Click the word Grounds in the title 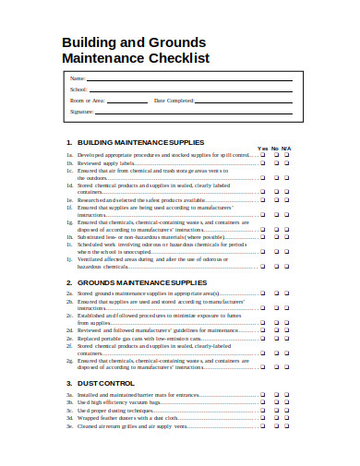coord(176,42)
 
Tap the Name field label coord(78,78)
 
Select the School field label coord(79,89)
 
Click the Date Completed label coord(174,100)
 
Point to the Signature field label coord(82,111)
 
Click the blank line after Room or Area coord(129,100)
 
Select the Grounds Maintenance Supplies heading coord(142,282)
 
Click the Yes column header coord(261,149)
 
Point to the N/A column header coord(287,149)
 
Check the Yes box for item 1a coord(261,156)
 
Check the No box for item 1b coord(274,163)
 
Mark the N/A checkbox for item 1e coord(287,199)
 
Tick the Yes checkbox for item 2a coord(261,293)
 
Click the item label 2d coord(69,329)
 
